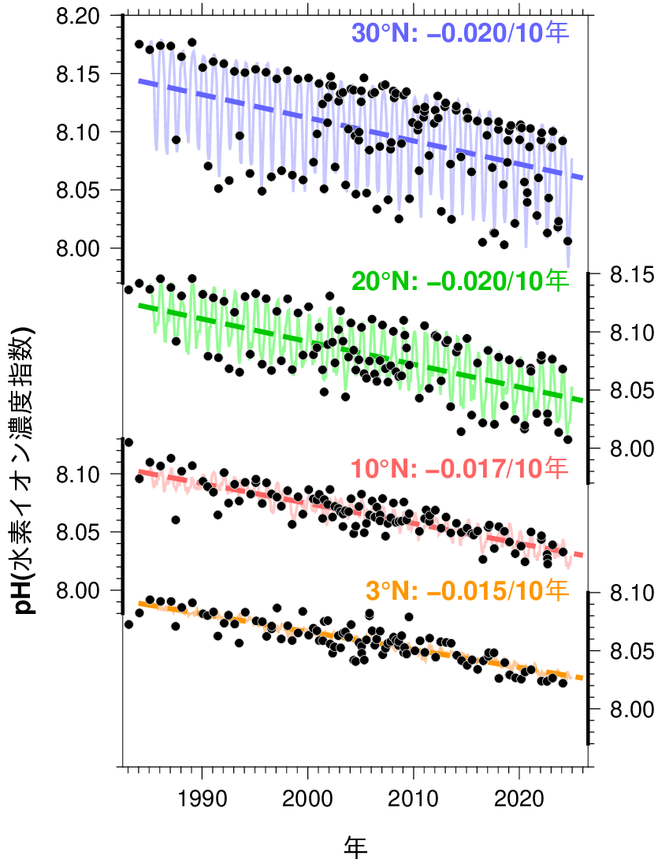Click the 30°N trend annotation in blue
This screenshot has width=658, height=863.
tap(459, 33)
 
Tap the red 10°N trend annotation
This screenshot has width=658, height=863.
tap(459, 469)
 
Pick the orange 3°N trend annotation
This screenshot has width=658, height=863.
tap(467, 590)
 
